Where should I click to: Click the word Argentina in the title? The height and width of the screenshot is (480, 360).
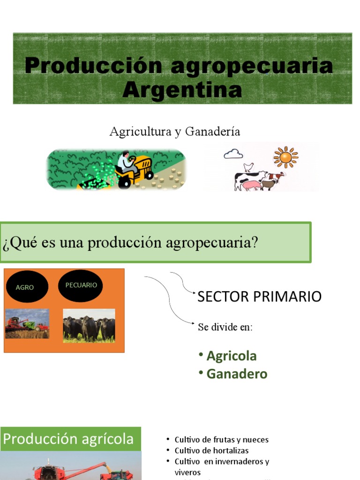182,90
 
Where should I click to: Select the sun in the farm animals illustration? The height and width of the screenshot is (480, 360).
285,157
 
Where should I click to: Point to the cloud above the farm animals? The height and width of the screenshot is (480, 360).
233,153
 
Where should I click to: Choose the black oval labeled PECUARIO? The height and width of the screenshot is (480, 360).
81,285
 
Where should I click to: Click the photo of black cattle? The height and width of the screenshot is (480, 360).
89,326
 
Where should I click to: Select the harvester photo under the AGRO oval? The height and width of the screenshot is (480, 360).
27,324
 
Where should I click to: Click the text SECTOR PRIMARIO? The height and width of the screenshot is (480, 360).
259,297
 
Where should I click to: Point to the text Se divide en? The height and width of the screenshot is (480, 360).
225,327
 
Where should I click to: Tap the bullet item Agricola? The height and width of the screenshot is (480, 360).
232,356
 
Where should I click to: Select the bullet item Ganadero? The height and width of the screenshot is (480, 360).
237,374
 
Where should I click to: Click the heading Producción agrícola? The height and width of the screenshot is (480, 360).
68,439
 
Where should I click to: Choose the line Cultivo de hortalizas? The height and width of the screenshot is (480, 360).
211,450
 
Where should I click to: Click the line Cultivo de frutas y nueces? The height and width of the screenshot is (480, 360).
221,440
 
